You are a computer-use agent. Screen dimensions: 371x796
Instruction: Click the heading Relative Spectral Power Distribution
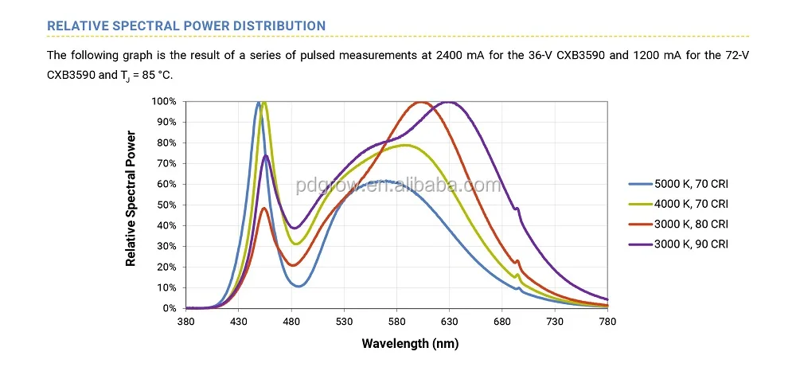pos(186,25)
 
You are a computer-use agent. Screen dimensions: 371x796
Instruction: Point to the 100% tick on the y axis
pos(165,102)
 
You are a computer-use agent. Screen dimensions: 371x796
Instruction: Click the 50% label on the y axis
pos(167,205)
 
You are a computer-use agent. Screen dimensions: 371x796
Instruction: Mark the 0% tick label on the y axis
pos(170,308)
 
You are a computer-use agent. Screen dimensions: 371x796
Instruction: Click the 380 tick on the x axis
pos(185,322)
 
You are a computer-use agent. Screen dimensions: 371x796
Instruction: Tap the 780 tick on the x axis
pos(607,322)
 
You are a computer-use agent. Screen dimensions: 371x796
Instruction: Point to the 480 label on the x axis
pos(291,322)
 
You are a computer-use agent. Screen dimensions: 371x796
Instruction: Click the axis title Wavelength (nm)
pos(410,344)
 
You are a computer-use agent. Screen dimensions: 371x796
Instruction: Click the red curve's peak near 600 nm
pos(420,102)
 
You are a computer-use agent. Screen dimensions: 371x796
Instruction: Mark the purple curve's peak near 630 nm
pos(450,102)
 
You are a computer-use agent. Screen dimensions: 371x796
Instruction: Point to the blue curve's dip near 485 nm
pos(298,286)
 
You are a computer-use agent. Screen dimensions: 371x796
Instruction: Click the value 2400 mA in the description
pos(460,55)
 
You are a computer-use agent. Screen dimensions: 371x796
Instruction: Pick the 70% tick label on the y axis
pos(167,163)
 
